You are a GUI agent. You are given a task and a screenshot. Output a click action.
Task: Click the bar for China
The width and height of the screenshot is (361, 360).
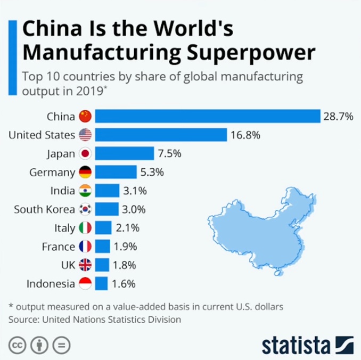pos(208,116)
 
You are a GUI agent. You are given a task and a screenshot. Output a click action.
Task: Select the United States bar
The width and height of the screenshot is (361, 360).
pos(161,135)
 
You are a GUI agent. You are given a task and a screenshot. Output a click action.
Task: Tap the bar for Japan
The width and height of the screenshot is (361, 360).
pos(125,153)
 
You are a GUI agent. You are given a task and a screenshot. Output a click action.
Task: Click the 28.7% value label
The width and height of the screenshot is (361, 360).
pos(338,116)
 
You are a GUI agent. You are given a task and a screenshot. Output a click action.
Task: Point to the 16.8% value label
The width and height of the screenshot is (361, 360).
pos(245,135)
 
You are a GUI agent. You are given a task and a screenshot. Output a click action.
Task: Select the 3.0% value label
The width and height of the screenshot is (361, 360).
pos(134,209)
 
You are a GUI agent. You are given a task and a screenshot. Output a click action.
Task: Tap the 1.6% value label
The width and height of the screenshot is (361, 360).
pos(123,284)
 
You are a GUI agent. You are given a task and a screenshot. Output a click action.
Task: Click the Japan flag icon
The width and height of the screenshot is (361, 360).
pos(85,153)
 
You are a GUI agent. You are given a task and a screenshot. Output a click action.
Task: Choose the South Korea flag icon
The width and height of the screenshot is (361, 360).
pos(85,209)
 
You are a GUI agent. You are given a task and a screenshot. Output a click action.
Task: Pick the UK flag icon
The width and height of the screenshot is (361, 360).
pos(85,265)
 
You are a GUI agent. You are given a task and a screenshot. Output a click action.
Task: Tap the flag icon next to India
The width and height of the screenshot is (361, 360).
pos(85,191)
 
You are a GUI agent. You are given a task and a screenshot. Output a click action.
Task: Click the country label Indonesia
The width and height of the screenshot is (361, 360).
pos(51,284)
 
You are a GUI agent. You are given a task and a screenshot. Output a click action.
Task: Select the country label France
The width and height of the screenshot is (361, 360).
pos(59,247)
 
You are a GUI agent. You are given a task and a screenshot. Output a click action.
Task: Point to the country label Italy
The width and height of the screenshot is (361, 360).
pos(64,228)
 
